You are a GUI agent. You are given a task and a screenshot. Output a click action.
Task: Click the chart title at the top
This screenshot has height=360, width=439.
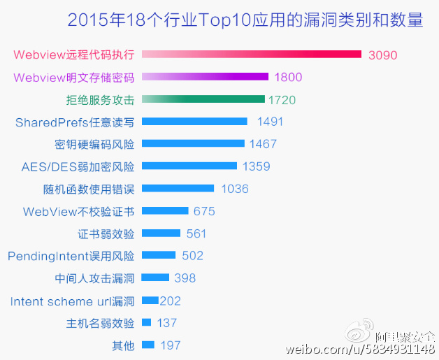click(245, 20)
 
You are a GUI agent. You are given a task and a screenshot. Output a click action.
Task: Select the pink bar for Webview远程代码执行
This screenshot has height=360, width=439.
click(252, 55)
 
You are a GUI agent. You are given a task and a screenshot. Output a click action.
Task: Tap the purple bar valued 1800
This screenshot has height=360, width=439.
click(205, 77)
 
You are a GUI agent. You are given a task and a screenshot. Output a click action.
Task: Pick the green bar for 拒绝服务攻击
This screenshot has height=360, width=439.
click(203, 99)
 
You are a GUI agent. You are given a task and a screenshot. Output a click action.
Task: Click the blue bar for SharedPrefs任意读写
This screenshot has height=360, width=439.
click(194, 122)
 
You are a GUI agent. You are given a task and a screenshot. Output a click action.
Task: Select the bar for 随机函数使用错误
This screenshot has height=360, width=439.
click(178, 189)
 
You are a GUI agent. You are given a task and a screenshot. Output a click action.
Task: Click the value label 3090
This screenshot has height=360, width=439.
click(383, 55)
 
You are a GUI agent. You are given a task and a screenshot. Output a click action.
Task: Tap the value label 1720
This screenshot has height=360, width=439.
click(282, 100)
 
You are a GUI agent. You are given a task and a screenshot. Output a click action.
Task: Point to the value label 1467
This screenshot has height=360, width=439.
click(263, 144)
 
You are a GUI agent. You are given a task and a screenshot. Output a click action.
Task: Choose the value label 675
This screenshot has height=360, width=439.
click(204, 211)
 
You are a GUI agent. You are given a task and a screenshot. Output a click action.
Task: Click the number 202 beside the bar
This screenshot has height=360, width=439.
click(171, 301)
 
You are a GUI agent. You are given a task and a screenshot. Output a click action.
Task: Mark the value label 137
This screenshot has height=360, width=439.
click(166, 323)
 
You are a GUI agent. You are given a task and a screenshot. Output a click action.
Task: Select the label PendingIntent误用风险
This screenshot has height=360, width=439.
click(71, 256)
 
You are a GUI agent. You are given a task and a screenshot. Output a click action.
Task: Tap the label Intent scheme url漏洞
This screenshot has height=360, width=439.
click(73, 301)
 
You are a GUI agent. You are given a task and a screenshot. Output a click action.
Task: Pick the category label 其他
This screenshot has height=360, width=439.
click(123, 345)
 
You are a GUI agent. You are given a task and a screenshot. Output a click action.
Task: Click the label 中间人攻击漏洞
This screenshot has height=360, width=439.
click(95, 278)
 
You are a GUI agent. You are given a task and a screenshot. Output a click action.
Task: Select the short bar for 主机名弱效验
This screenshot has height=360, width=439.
click(146, 322)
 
